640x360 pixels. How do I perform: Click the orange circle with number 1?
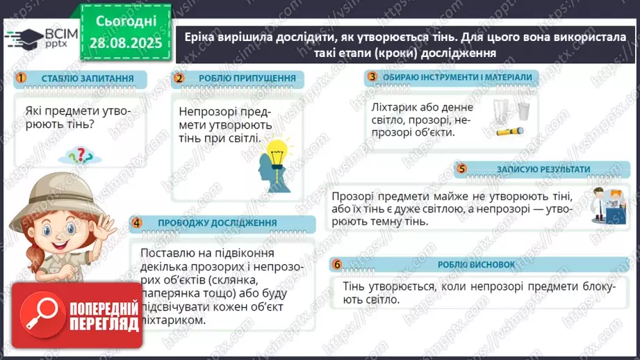tap(21, 78)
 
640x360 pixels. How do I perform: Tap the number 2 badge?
tap(179, 78)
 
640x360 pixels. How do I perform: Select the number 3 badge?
tap(372, 76)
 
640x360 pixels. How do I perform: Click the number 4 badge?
tap(137, 222)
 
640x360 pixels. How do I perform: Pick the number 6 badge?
tap(338, 264)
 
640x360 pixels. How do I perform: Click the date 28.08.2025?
tap(125, 42)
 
